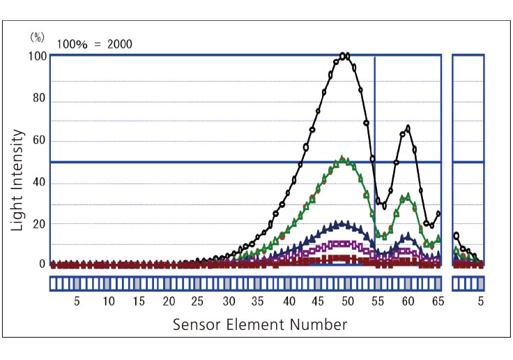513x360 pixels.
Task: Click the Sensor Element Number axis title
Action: [x=259, y=324]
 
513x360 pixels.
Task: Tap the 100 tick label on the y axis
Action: [x=37, y=56]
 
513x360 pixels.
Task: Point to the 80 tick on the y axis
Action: [x=39, y=98]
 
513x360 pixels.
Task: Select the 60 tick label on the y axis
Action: [x=39, y=140]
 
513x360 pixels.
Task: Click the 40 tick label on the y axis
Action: [x=39, y=183]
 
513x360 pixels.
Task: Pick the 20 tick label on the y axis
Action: [x=39, y=224]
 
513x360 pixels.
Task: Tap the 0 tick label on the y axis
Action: [x=42, y=264]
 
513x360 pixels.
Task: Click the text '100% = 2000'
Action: [x=95, y=44]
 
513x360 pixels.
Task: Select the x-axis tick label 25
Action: [x=197, y=301]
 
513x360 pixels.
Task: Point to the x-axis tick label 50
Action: [x=347, y=301]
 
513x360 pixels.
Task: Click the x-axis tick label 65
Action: [x=438, y=301]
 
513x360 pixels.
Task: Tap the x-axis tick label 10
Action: [x=108, y=301]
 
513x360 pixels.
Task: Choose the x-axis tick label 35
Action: [x=257, y=301]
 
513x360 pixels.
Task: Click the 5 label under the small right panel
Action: [x=480, y=301]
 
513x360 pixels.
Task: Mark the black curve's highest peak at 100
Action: [x=344, y=56]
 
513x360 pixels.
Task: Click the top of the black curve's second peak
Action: [x=408, y=128]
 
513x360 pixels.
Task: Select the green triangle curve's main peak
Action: [x=342, y=159]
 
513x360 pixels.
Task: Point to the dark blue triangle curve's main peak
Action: [x=342, y=224]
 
